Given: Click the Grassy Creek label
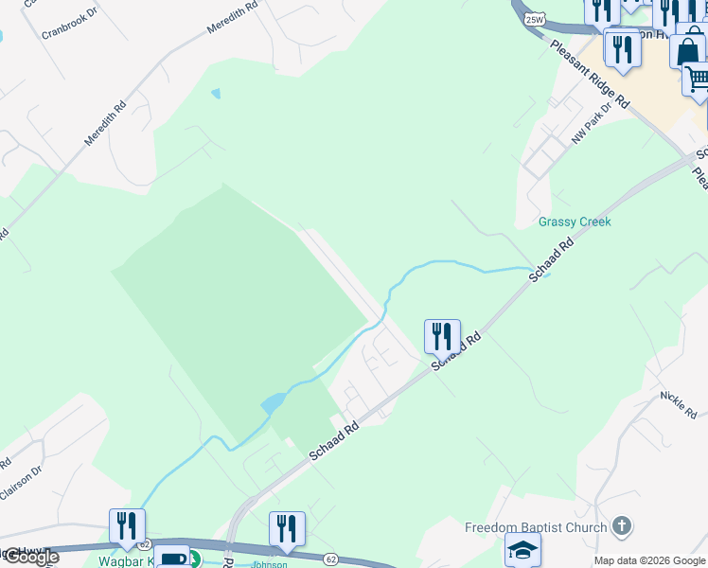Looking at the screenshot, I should click(575, 222).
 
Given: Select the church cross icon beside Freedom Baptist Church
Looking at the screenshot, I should click(622, 524).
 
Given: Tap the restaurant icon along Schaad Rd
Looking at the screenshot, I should click(442, 336).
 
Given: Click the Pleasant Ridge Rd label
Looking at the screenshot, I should click(590, 72).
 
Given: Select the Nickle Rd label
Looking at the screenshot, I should click(679, 403).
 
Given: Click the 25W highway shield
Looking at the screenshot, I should click(534, 19).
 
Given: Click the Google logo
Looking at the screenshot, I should click(30, 557).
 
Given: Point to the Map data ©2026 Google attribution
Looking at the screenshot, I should click(649, 560).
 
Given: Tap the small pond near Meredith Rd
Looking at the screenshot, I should click(216, 94).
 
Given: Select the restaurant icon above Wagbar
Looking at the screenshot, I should click(127, 526).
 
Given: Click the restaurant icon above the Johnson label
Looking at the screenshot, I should click(286, 529).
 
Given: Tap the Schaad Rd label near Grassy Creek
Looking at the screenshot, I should click(553, 258).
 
